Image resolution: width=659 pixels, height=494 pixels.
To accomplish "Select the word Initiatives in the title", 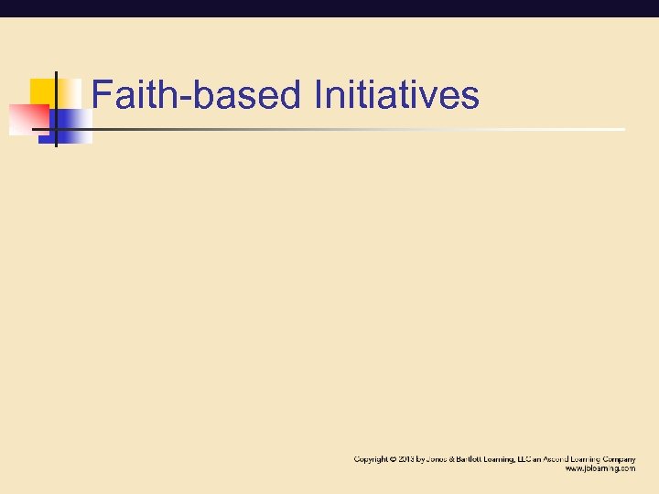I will (395, 95).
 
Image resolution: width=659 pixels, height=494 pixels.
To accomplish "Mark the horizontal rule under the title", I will (366, 129).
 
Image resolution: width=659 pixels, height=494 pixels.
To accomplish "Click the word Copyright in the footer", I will (371, 458).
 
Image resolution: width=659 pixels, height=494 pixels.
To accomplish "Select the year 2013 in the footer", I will (407, 458).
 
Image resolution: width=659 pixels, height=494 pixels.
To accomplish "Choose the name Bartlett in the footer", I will (476, 458).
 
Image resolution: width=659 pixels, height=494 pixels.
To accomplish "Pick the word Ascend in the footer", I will (562, 458).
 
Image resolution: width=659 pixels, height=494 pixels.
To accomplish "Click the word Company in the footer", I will (619, 458).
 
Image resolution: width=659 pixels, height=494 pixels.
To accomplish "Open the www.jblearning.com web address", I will (600, 468).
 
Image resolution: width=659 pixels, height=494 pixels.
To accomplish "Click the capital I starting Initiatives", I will (318, 95).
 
